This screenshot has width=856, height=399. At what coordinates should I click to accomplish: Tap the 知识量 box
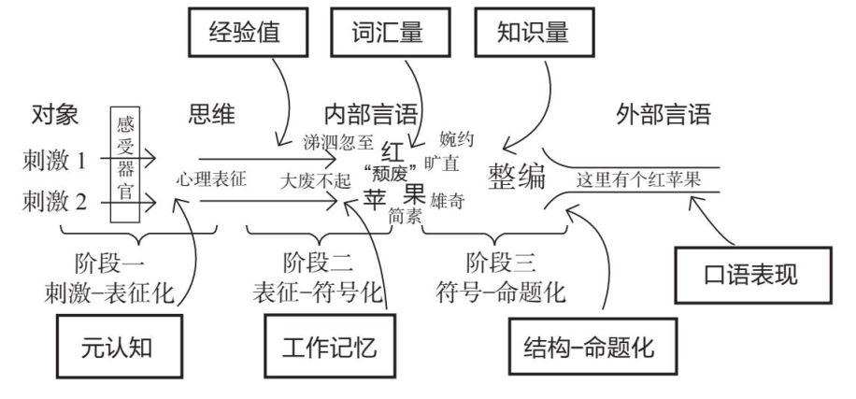[534, 36]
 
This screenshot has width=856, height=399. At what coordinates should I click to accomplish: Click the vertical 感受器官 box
[124, 165]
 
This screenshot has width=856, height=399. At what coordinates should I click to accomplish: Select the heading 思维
[210, 116]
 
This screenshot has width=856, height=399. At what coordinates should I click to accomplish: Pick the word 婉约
[455, 141]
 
